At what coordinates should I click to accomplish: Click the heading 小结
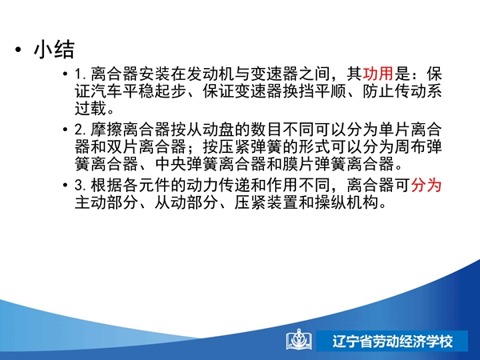54,49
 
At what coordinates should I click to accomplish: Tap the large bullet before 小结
18,50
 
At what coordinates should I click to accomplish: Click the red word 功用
378,74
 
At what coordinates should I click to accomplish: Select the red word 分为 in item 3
426,185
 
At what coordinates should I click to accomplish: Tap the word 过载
91,108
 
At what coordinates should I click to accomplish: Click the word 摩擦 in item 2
107,130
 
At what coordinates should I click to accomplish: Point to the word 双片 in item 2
122,147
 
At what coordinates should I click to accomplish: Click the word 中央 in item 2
171,164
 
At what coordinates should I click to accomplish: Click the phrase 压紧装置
266,202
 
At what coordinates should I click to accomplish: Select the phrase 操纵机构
346,202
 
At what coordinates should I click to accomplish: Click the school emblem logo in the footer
299,339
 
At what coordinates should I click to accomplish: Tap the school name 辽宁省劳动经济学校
393,342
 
